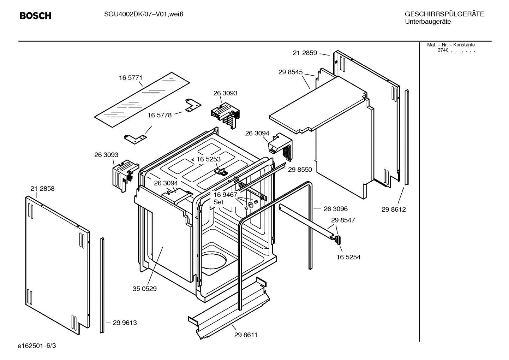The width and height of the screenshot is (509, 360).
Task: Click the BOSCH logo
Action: pos(35,16)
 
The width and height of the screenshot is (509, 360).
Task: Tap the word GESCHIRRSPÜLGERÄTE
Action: pos(444,14)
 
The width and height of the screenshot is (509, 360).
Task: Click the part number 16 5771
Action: pos(131,78)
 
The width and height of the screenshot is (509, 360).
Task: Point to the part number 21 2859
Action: pos(305,53)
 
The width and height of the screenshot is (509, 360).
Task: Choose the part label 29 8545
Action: pos(290,72)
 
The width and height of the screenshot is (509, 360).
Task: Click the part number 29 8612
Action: pos(394,209)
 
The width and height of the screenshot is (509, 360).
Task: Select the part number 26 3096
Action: pos(335,209)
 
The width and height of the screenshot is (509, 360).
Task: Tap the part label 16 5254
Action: pos(348,257)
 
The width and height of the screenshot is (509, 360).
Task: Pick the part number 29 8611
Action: pos(246,335)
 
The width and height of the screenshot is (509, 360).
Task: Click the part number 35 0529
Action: pos(145,289)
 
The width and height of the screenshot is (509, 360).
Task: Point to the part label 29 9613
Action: pos(125,323)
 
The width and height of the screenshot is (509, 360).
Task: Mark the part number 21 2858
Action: pos(42,189)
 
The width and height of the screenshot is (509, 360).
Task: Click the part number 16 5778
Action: pos(159,115)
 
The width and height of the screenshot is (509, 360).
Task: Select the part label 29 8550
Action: pos(300,170)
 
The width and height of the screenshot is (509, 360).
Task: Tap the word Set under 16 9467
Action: pos(218,202)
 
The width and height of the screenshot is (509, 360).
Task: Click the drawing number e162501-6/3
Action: pos(37,345)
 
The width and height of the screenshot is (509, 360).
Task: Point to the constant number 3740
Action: pos(443,50)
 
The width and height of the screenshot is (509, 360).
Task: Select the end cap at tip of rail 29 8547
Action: pos(338,240)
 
